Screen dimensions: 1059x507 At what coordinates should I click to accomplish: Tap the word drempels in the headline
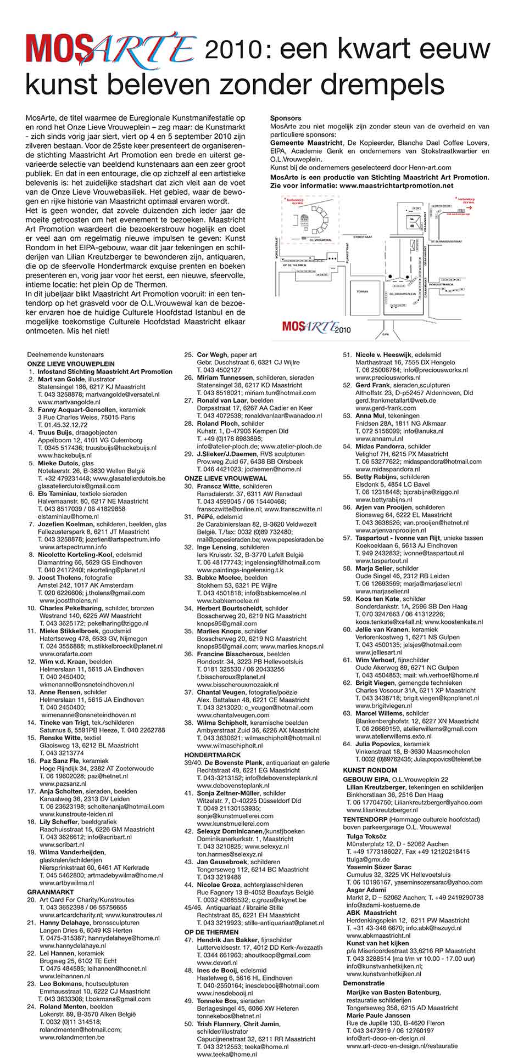pos(392,85)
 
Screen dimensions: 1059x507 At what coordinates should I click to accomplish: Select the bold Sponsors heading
pos(286,118)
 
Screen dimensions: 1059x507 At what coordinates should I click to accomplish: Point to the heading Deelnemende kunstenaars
pos(65,355)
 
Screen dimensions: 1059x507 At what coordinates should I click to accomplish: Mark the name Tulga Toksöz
pos(366,836)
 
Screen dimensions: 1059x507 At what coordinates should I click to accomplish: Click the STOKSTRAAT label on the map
pos(364,236)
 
